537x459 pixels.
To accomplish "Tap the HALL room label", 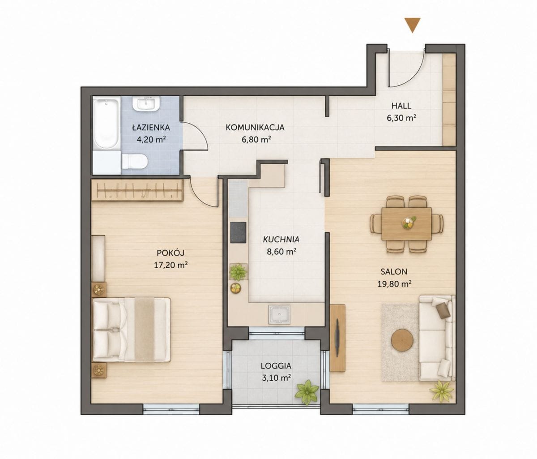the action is (x=401, y=106).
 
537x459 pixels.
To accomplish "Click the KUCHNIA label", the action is (x=281, y=240).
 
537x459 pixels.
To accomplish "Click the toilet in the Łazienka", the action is (x=135, y=161).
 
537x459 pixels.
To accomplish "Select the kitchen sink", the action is (x=280, y=315).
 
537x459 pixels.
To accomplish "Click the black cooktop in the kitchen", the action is (x=238, y=232).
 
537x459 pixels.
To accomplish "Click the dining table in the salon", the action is (x=406, y=224).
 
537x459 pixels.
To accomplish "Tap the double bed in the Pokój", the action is (x=132, y=330).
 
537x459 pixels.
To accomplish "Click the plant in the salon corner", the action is (x=442, y=391).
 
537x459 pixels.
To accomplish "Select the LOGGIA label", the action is (x=276, y=366).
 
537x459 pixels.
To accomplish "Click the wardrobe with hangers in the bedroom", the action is (x=137, y=191).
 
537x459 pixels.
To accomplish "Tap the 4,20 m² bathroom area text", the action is (x=151, y=140).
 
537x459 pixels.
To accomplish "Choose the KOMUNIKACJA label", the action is (x=255, y=127).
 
